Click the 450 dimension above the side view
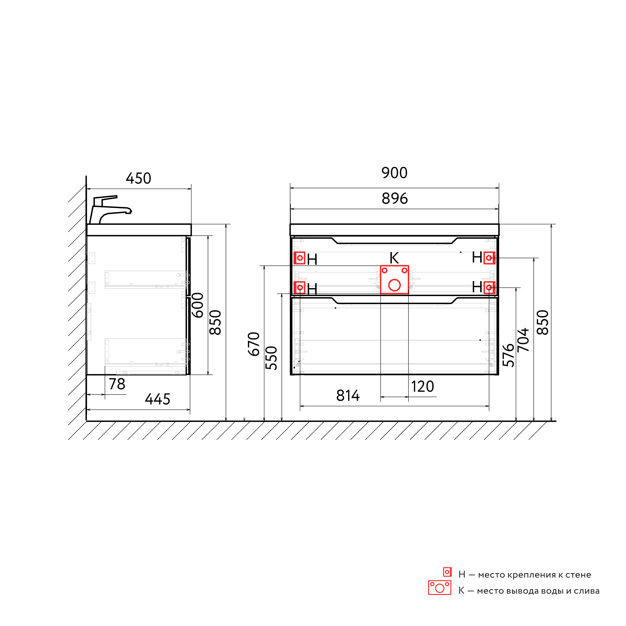(138, 179)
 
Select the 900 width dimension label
(394, 173)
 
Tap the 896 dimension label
(394, 199)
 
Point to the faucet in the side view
(110, 209)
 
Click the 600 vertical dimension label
(198, 305)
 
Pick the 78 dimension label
(117, 384)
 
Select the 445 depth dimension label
(157, 399)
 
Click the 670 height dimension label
(254, 344)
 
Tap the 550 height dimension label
(271, 358)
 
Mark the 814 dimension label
(348, 396)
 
